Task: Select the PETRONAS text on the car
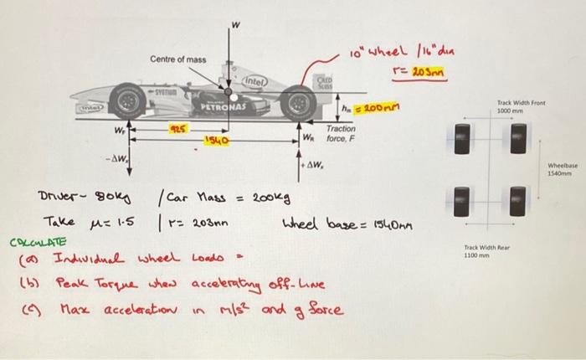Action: [x=220, y=109]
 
